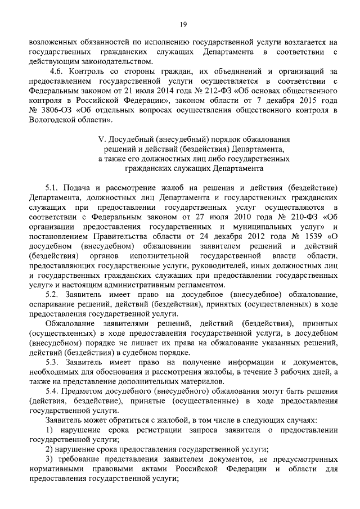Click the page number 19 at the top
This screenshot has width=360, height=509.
coord(183,23)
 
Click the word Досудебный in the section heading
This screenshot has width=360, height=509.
coord(130,139)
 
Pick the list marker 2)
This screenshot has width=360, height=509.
coord(49,449)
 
